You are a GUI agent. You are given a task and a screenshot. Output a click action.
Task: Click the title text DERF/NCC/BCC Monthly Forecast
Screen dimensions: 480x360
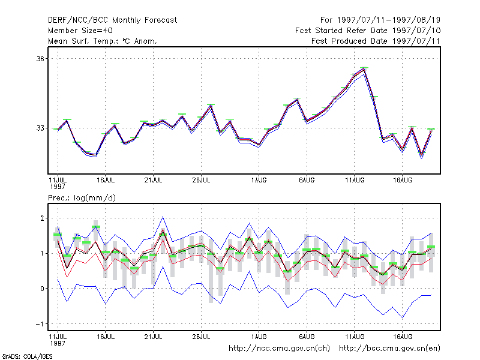[x=112, y=20]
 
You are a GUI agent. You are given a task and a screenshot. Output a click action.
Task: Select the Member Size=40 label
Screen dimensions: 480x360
[x=80, y=31]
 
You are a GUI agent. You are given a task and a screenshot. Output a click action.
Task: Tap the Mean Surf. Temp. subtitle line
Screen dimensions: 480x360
[x=103, y=41]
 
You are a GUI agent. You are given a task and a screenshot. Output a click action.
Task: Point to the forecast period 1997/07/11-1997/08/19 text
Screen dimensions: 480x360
[x=380, y=20]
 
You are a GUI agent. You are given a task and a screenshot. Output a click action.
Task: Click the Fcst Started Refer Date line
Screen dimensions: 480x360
[x=368, y=31]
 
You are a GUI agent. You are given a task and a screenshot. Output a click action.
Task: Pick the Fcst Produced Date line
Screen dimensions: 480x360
[x=376, y=41]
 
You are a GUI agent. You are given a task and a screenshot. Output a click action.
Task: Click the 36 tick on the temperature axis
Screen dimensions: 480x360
[x=40, y=58]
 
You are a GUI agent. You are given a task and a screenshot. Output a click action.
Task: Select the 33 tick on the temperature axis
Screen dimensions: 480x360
[x=40, y=128]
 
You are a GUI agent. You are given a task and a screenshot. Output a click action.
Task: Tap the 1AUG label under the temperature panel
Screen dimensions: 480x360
[x=259, y=180]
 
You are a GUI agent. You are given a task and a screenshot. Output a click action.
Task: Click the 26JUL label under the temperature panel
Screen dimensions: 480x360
[x=201, y=180]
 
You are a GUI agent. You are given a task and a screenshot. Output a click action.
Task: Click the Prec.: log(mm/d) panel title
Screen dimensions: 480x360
[x=82, y=198]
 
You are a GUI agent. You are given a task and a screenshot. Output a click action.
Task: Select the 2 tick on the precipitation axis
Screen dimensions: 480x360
[x=42, y=218]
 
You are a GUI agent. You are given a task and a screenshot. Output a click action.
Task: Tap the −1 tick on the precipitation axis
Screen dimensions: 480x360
[x=40, y=324]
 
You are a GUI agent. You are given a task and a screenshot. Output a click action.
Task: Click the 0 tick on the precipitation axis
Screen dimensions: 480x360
[x=42, y=289]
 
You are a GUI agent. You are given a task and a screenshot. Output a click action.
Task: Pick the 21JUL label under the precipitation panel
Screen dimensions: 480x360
[x=153, y=337]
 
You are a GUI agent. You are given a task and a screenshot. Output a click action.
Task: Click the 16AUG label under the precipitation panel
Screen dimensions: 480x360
[x=403, y=337]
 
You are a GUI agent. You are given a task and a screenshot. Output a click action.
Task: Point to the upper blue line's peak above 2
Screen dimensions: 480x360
[x=163, y=217]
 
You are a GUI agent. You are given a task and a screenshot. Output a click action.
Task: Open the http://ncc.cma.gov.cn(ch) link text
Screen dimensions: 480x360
[x=279, y=349]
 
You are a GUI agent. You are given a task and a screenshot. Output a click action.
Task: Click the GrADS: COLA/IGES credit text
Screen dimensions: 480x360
[x=27, y=356]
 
